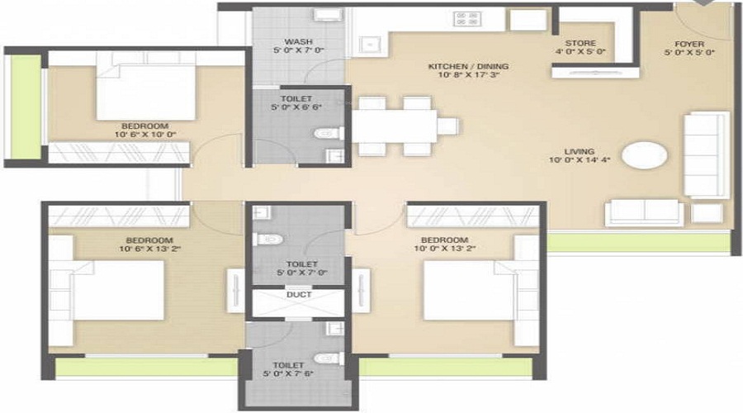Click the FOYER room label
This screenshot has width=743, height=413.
688,44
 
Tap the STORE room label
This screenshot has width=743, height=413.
580,43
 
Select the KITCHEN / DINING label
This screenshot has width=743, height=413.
468,66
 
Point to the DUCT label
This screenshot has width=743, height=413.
297,293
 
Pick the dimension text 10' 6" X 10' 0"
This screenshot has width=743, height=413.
146,134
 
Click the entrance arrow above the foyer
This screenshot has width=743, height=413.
701,4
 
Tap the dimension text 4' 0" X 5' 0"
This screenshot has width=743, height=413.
580,52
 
